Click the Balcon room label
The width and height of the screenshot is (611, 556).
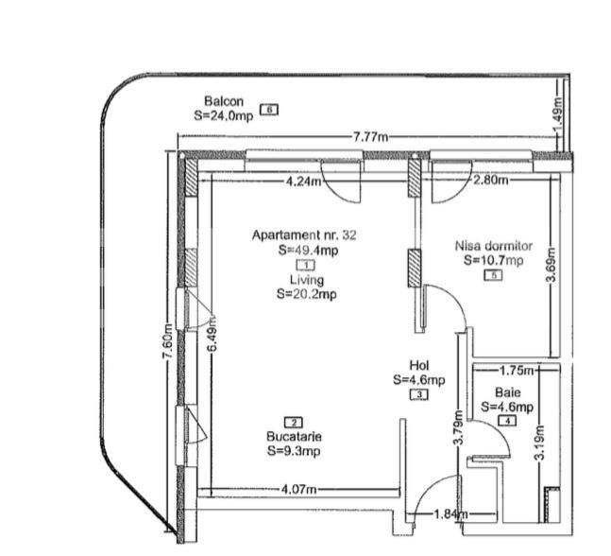pos(224,101)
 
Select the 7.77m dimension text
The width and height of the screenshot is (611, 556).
pos(370,138)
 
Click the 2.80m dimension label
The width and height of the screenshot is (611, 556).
pos(490,180)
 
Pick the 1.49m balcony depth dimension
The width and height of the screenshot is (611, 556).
pos(558,118)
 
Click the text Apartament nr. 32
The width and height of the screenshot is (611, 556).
pos(305,235)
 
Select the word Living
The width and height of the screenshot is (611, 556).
pos(307,281)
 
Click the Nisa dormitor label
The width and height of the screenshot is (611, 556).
pos(493,246)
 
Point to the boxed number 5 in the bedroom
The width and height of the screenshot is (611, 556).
pos(493,275)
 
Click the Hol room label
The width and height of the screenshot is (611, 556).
pos(419,365)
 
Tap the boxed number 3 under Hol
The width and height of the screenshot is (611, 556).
pos(419,394)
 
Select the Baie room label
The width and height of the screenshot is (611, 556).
pos(507,392)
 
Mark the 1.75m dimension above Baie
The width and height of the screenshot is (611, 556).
pos(517,370)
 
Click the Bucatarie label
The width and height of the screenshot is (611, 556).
pos(295,437)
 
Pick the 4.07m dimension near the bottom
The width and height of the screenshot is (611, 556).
pos(300,490)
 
